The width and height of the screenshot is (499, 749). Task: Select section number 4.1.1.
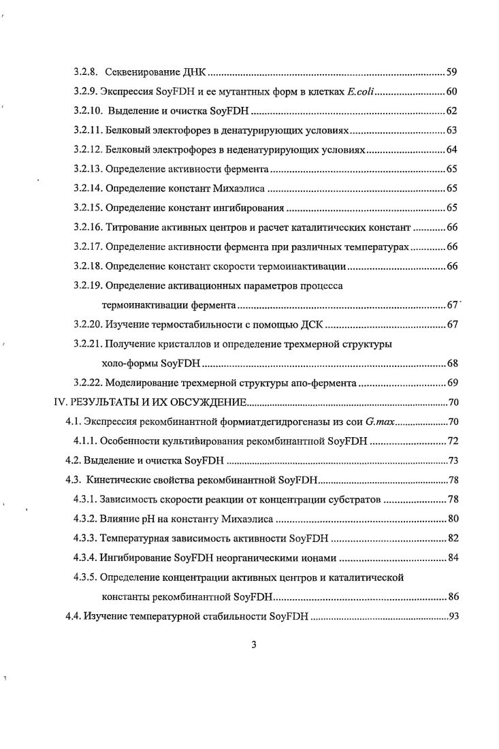point(85,441)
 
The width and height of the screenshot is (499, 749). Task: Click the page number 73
point(453,461)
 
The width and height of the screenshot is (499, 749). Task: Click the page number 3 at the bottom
point(253,646)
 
